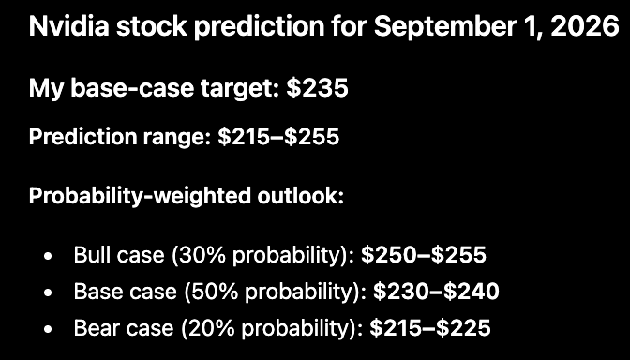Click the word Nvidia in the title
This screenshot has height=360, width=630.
69,26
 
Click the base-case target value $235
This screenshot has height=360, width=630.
318,87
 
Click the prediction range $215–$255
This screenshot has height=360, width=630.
278,137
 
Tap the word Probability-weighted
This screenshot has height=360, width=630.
139,197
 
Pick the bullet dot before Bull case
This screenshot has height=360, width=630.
48,256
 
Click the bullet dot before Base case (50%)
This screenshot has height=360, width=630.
48,292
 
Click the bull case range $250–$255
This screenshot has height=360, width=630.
424,255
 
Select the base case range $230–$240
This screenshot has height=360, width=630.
436,292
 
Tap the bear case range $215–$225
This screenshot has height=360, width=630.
430,328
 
